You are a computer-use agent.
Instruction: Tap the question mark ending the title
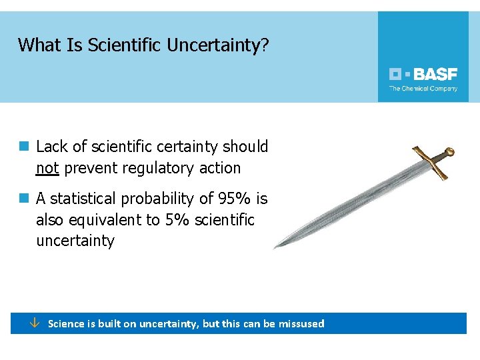265,45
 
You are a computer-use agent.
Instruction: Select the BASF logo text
435,74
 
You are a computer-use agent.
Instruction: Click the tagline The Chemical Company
423,89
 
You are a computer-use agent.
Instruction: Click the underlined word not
47,168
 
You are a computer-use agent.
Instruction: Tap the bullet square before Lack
24,146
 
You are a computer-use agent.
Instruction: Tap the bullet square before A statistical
24,198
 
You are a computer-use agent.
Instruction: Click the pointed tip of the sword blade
275,247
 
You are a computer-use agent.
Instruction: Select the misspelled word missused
301,324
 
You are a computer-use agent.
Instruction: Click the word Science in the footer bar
66,324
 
